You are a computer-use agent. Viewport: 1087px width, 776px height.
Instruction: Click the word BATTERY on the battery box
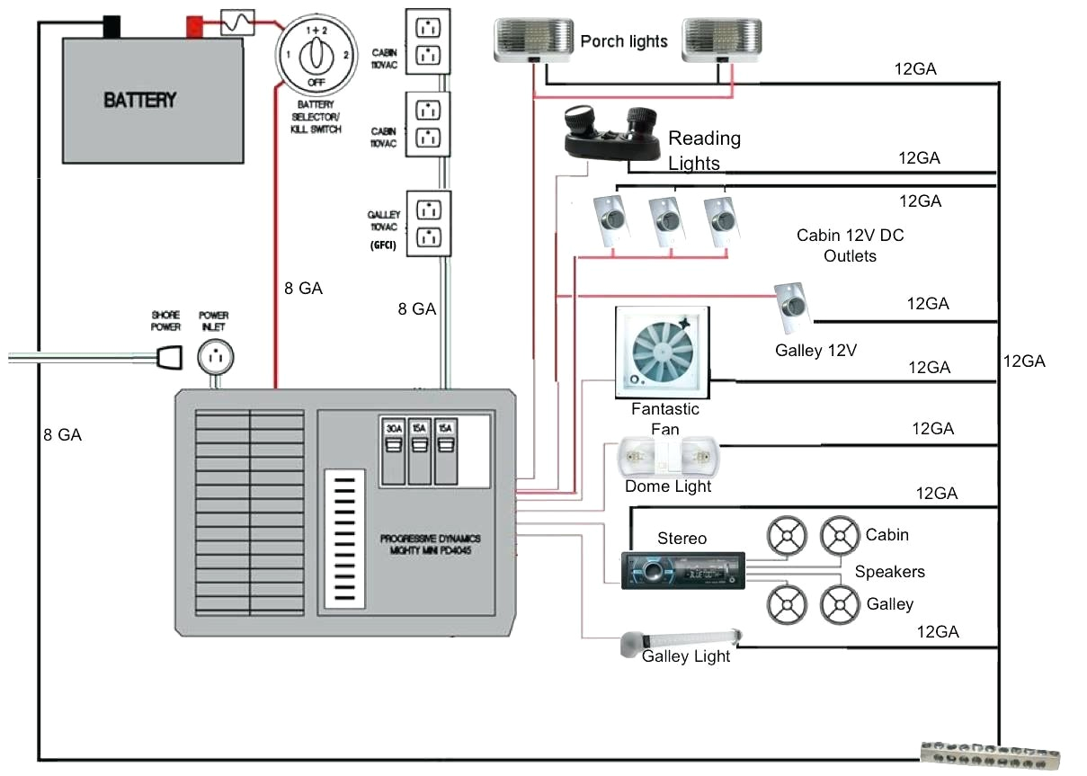point(140,100)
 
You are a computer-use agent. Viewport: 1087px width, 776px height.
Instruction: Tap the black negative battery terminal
point(111,26)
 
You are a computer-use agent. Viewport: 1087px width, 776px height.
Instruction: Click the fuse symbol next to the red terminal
point(237,22)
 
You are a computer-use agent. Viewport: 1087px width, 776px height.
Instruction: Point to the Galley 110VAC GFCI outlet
point(429,224)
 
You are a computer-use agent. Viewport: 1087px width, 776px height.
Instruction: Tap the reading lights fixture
point(611,132)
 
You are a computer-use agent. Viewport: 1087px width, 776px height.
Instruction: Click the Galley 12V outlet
point(793,304)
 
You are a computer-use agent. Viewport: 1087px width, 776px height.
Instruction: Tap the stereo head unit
point(683,569)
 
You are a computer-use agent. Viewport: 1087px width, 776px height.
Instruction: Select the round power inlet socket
point(216,357)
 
